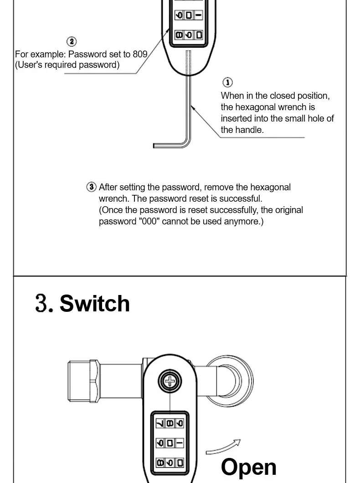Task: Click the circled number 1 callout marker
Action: tap(227, 82)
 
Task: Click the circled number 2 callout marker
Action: tap(72, 42)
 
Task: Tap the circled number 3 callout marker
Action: tap(92, 187)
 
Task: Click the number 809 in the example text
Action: tap(140, 54)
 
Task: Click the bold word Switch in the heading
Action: tap(95, 303)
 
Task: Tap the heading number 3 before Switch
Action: tap(44, 303)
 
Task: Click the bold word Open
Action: tap(248, 467)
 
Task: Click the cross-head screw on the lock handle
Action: tap(169, 381)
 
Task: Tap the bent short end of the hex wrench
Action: tap(166, 145)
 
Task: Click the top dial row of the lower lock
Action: tap(169, 423)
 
